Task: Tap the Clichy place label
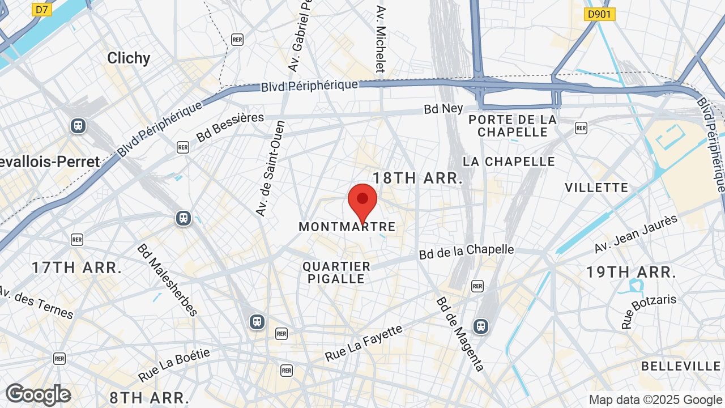129,58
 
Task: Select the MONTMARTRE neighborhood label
347,227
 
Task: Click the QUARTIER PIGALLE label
336,273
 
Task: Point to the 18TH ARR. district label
418,178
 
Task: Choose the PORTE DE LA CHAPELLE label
513,126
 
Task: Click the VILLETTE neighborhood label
596,188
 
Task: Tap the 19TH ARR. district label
631,272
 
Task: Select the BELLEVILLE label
681,366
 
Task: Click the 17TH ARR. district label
77,267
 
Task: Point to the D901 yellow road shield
599,14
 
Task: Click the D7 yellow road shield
41,9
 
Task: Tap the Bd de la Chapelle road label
467,252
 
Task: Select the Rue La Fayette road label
364,343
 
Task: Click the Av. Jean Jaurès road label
636,234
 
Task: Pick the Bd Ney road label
443,108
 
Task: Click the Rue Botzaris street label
649,311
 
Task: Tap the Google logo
39,395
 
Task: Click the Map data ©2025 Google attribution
656,400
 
